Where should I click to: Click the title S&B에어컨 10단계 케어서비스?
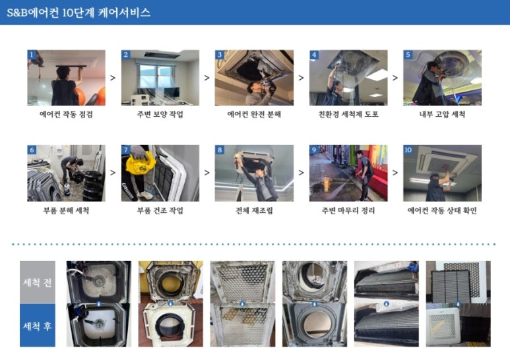click(x=79, y=13)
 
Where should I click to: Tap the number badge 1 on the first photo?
click(x=32, y=54)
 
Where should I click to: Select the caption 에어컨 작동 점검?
click(x=67, y=114)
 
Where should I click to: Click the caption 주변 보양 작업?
click(x=160, y=114)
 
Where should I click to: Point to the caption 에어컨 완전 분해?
click(x=254, y=114)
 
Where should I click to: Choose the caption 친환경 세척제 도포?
click(x=348, y=114)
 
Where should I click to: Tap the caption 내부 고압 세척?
click(x=442, y=114)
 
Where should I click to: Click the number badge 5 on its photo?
click(x=408, y=54)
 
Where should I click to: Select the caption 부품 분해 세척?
click(x=67, y=210)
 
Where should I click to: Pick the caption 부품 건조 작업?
click(x=160, y=210)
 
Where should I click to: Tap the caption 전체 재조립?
click(x=254, y=210)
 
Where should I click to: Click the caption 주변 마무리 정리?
click(x=348, y=210)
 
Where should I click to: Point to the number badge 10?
click(x=408, y=150)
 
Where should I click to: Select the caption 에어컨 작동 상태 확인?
click(x=442, y=210)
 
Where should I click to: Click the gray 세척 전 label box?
click(x=38, y=282)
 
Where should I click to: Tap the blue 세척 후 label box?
click(x=38, y=325)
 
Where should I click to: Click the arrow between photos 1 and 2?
click(x=113, y=78)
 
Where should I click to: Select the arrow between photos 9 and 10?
click(x=395, y=173)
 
